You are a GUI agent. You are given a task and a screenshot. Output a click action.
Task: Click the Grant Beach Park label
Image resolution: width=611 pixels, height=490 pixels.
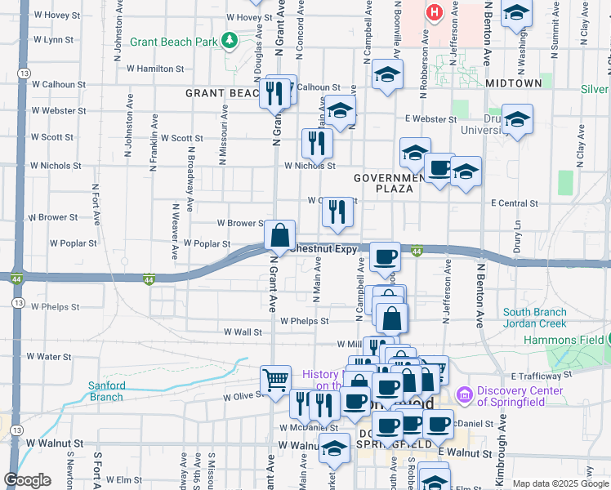[183, 42]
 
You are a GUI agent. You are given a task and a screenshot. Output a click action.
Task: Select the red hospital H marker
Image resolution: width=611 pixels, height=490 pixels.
[434, 12]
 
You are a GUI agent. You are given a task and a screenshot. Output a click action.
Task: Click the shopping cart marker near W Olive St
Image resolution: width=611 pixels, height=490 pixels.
[275, 378]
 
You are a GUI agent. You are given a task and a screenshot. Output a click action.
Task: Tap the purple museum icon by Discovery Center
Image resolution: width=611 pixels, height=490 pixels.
[466, 395]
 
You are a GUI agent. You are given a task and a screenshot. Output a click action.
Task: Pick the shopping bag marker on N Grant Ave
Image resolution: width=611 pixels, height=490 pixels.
[279, 235]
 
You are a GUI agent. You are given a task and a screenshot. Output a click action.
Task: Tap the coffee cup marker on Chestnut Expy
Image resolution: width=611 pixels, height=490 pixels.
[385, 256]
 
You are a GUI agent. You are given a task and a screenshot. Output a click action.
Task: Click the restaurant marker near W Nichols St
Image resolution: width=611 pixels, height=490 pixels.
[315, 143]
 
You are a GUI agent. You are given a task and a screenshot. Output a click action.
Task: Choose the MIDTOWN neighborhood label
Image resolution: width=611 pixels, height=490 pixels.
[513, 83]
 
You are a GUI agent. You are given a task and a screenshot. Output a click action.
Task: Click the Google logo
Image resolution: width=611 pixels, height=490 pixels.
[27, 480]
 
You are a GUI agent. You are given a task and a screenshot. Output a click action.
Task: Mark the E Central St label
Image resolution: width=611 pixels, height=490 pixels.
[515, 203]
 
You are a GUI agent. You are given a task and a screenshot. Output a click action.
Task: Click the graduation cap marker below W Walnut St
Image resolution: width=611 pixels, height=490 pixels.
[334, 447]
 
